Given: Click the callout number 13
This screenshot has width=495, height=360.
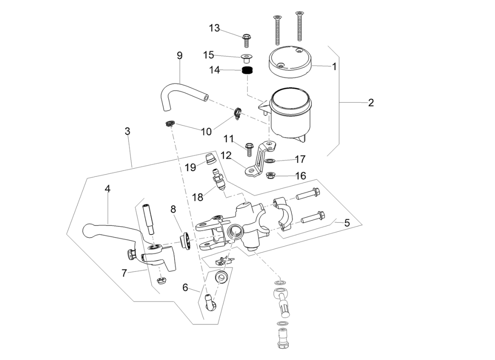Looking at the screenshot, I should (214, 28).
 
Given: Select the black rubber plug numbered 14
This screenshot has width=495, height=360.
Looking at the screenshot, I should (247, 71).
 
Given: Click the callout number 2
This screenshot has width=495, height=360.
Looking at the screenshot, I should (370, 103).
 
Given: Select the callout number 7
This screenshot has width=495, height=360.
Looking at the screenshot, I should (125, 272).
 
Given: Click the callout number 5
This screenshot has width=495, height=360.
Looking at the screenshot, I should (346, 222).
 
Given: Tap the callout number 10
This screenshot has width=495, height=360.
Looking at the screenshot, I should (206, 131).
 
